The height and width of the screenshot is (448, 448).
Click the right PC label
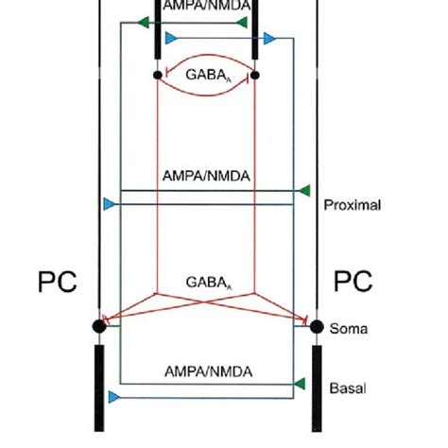pos(353,282)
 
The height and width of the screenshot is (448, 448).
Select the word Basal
pos(346,388)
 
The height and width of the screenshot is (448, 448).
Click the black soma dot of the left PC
pos(98,326)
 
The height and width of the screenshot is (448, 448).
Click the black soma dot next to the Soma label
pos(316,326)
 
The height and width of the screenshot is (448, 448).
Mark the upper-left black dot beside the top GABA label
pos(157,73)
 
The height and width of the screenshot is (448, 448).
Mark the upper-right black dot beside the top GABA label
pos(254,73)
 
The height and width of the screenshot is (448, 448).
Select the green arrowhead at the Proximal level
pos(303,191)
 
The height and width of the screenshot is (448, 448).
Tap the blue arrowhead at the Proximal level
pos(109,203)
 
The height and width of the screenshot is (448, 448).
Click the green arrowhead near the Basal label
pos(300,384)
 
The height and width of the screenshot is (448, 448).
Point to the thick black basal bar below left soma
pos(98,388)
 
